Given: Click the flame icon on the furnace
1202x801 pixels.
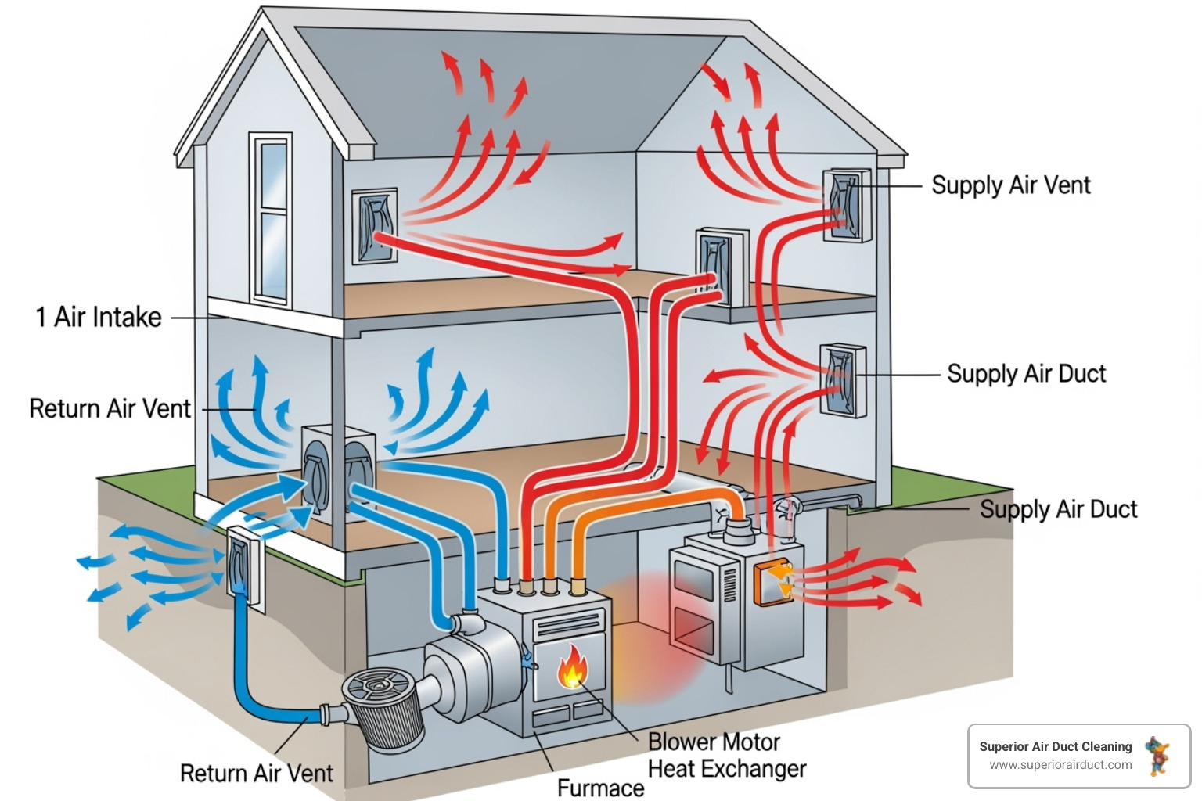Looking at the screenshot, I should pos(572,666).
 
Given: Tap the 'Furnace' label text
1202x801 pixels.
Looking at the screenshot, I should pos(600,787).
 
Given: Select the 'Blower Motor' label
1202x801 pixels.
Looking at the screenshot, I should pos(714,742).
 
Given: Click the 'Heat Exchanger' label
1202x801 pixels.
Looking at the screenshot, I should pos(727,768).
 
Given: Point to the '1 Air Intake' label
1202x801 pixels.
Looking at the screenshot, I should pos(99,317).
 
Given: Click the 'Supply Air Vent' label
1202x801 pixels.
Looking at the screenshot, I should pos(1010,185).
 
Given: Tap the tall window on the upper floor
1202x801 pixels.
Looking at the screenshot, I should pos(271,219).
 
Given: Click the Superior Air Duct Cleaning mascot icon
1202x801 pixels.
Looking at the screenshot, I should pos(1157,755).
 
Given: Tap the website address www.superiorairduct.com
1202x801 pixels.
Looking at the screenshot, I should pos(1060,765).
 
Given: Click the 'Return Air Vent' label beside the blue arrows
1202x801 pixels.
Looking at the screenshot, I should pos(110,408).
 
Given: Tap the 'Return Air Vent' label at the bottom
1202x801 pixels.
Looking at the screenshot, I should pos(256,773).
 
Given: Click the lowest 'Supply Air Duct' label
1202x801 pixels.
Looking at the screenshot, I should pos(1058,509).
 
